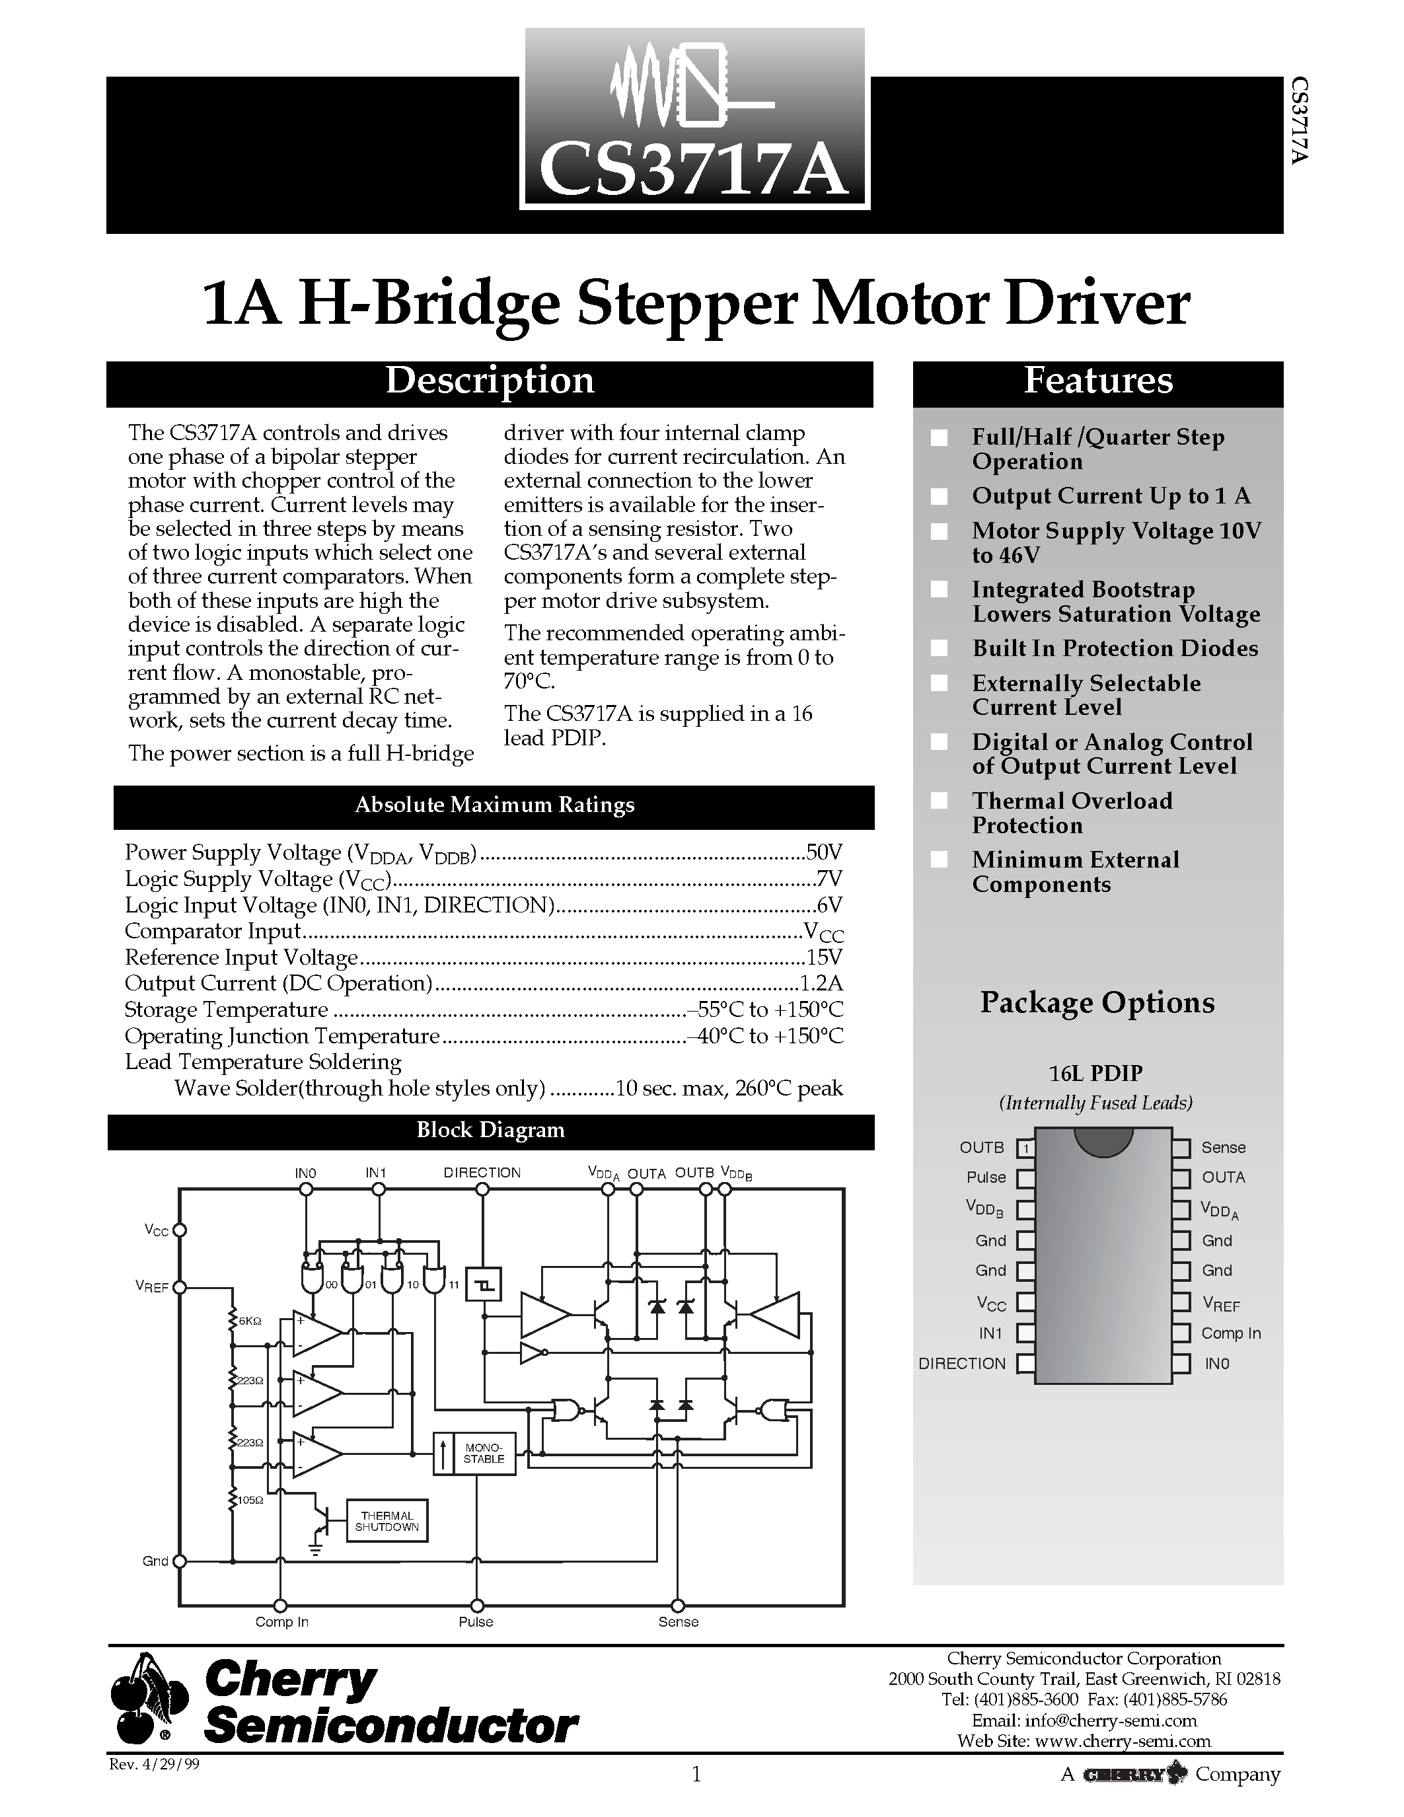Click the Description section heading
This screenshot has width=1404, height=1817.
[489, 382]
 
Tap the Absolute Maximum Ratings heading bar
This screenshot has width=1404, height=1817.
[494, 805]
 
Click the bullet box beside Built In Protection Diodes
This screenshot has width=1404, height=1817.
[939, 648]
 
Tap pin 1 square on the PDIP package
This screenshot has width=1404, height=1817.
[1026, 1148]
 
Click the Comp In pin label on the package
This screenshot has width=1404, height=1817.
[1230, 1333]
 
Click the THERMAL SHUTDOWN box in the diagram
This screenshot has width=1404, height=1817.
[387, 1522]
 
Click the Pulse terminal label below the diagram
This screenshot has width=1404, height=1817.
[476, 1621]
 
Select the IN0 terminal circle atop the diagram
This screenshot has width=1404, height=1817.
[306, 1190]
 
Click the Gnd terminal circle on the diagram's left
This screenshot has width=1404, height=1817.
[179, 1561]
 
